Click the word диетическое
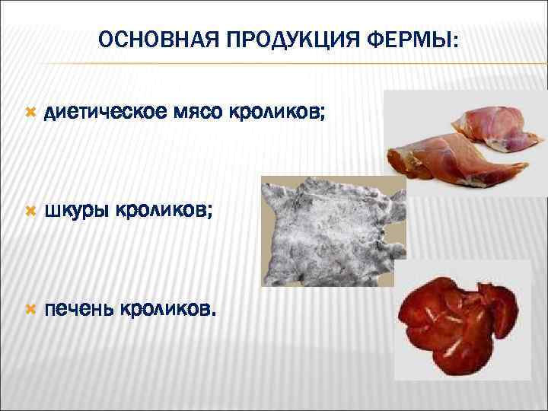106,113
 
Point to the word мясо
197,113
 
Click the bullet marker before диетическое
30,113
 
